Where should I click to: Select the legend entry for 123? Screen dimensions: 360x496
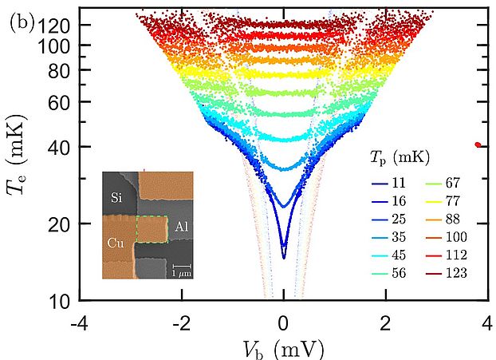[x=447, y=273]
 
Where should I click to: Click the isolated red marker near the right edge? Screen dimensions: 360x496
[x=478, y=145]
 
